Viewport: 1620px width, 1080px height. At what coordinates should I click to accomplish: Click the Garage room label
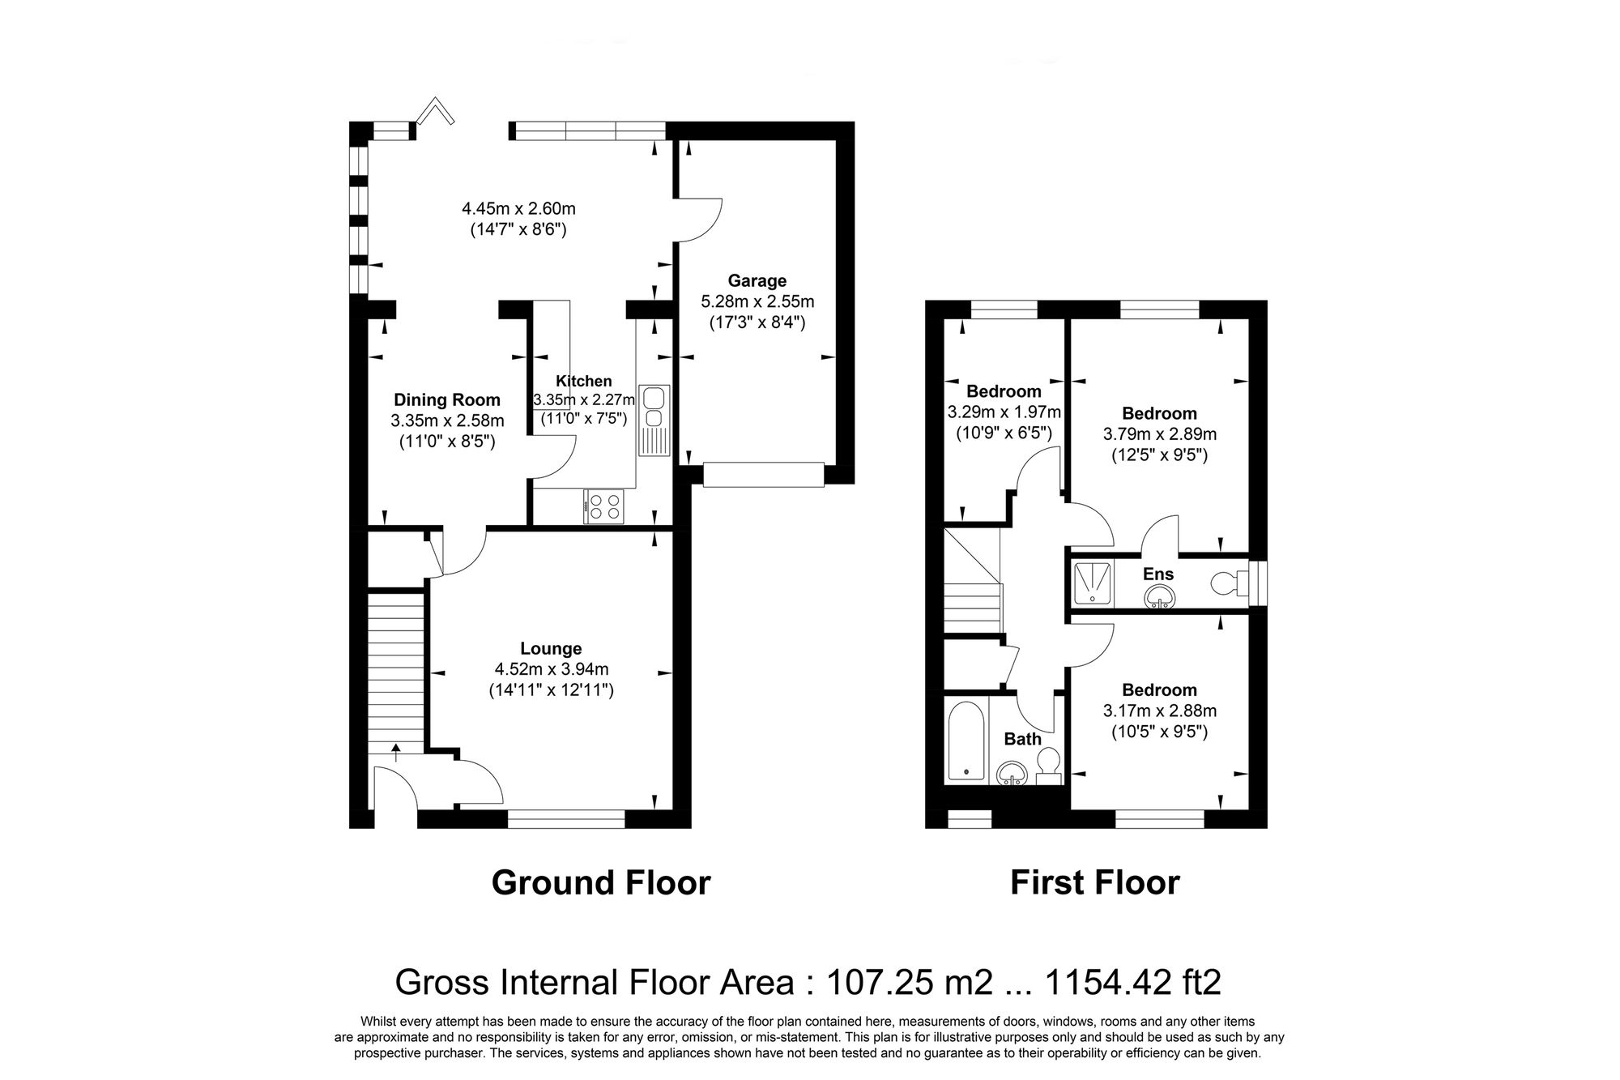(757, 281)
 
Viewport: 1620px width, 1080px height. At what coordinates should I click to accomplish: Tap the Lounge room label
(551, 649)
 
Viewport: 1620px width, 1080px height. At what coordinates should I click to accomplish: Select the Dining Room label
(447, 399)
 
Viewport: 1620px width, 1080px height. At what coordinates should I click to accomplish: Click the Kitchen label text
(583, 381)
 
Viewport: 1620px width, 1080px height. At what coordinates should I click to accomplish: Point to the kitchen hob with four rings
(604, 507)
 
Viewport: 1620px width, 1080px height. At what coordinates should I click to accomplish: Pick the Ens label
(1157, 574)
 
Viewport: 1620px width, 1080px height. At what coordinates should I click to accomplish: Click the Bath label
(1022, 739)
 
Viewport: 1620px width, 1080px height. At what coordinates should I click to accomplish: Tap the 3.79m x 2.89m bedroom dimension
(1159, 434)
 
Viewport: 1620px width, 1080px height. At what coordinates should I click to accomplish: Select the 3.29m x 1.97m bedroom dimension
(1004, 412)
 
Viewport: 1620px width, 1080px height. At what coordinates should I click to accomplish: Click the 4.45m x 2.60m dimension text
(518, 209)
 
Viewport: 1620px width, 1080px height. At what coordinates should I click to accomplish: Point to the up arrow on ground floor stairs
(396, 753)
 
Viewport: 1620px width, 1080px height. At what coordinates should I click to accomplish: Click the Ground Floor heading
(600, 883)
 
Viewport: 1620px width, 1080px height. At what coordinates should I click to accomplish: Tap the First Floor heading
(1094, 883)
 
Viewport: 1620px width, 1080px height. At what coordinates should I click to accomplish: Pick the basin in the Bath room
(1011, 775)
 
